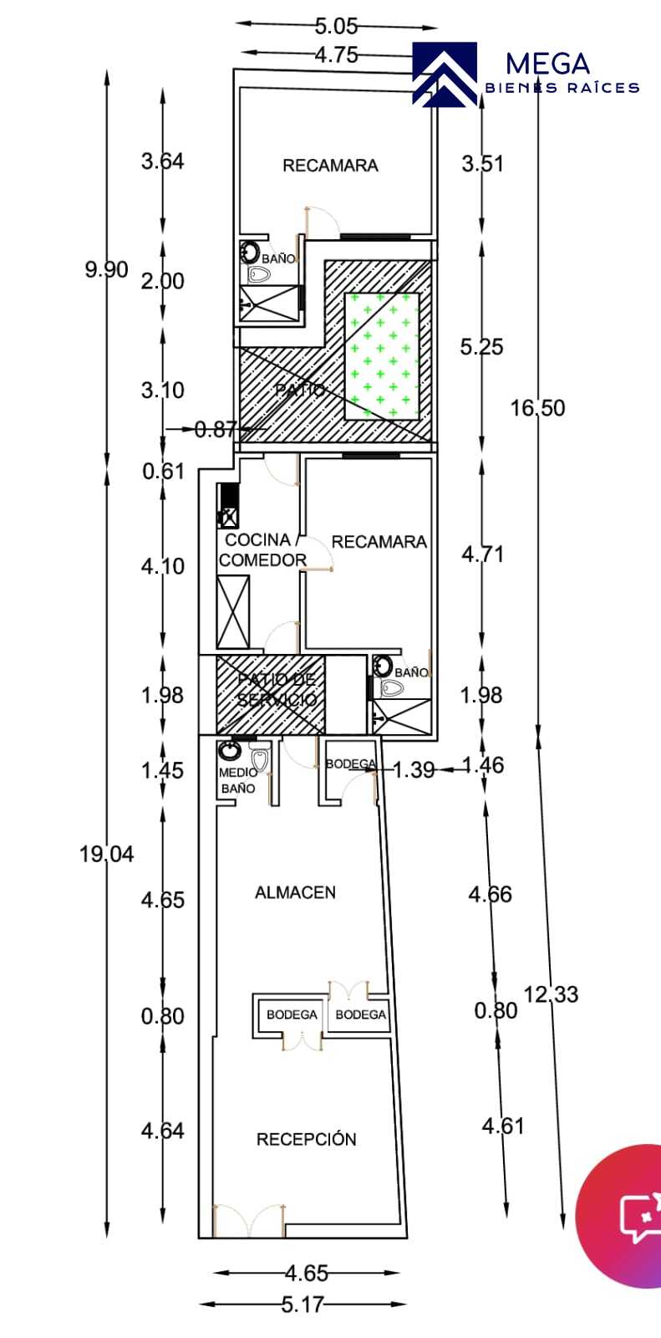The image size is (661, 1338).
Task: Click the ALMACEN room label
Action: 295,892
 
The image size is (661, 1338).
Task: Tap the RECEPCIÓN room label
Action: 307,1138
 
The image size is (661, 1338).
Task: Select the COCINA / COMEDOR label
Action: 262,550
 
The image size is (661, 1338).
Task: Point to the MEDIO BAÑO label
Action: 237,780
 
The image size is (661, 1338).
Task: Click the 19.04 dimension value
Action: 107,854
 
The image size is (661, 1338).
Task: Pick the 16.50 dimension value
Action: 537,408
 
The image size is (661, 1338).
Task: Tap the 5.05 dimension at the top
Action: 336,26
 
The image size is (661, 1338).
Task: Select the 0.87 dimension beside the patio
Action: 216,429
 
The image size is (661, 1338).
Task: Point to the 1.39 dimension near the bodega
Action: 414,770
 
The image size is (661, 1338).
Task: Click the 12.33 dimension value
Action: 552,994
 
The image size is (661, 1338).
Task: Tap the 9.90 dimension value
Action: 107,269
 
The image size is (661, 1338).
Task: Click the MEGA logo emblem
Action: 445,74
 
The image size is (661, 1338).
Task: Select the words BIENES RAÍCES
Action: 562,88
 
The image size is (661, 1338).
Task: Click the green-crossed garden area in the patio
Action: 382,355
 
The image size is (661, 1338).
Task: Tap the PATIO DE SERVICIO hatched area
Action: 271,695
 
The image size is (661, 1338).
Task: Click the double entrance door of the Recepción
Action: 249,1220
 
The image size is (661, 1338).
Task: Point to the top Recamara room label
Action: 330,166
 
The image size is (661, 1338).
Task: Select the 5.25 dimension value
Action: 481,346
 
